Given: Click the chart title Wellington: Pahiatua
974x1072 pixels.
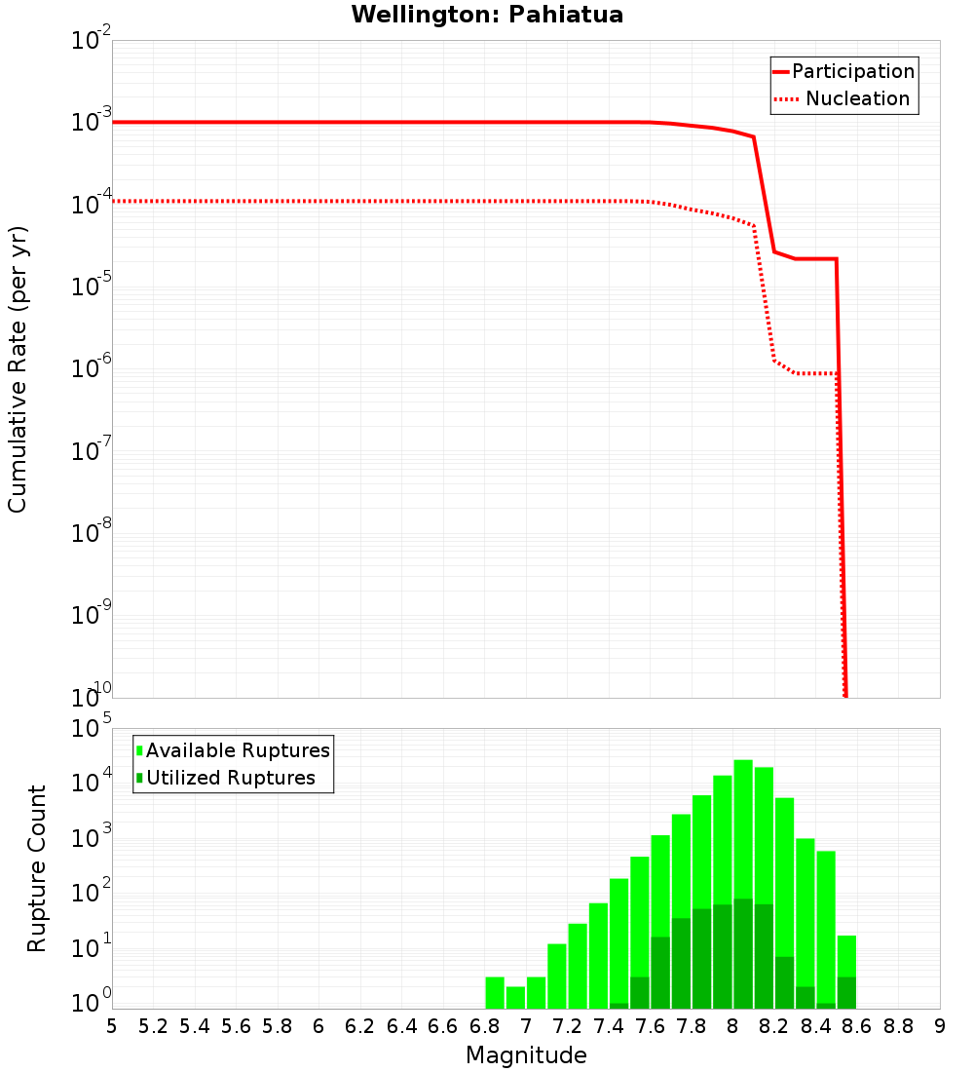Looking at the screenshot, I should (x=487, y=15).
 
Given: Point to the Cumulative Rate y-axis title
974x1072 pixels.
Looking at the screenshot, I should (x=18, y=368).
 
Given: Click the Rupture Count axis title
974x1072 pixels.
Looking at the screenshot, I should (x=37, y=868).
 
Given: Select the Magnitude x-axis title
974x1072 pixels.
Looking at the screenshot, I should (x=526, y=1055).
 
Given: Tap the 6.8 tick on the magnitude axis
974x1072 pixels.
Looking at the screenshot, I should (x=484, y=1026).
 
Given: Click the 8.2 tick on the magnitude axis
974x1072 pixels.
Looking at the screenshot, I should (x=774, y=1026).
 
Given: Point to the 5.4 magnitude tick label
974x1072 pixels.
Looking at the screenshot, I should (x=194, y=1026).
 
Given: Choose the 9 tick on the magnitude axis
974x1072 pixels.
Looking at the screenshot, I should (x=939, y=1026).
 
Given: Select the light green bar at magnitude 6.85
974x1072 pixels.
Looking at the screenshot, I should (x=495, y=992).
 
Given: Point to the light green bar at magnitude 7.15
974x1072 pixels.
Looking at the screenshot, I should (x=557, y=976).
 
